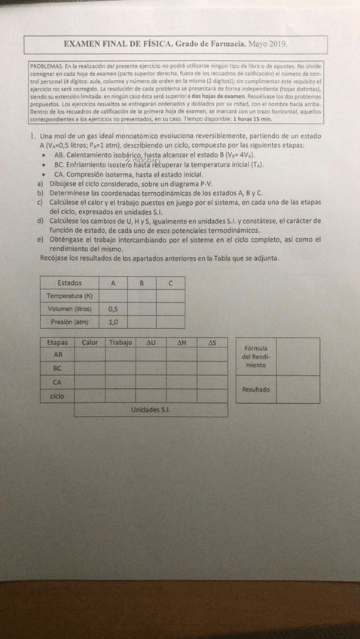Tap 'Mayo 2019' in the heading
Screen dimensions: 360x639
[x=267, y=45]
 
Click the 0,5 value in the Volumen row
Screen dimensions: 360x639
[x=114, y=309]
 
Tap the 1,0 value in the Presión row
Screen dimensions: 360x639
[x=114, y=322]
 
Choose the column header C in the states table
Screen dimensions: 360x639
[x=171, y=283]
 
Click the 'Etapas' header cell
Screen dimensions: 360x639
[x=57, y=343]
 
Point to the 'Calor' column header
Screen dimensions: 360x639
[x=90, y=343]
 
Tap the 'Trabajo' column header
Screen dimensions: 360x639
[x=121, y=343]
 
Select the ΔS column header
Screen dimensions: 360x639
[x=212, y=343]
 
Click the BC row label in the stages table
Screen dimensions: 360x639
[x=57, y=369]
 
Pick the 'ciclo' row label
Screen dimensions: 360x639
[x=57, y=396]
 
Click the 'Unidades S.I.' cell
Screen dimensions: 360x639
[x=151, y=409]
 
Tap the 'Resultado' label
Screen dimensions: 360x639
[x=256, y=390]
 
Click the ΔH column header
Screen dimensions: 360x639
[x=182, y=343]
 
